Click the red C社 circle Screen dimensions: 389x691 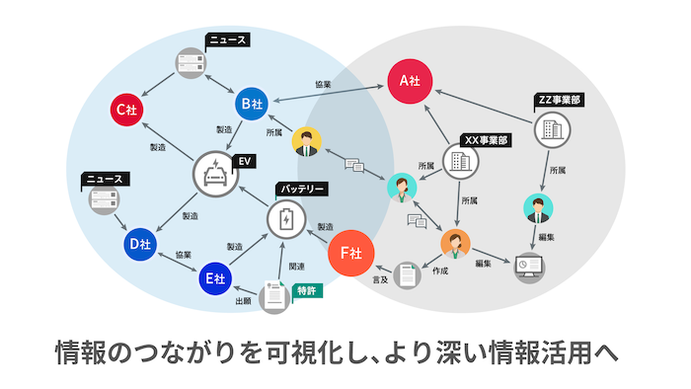[x=126, y=110]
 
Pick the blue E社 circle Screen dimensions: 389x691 [x=214, y=279]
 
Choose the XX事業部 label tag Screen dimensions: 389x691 [x=486, y=141]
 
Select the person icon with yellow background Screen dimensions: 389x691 [x=307, y=142]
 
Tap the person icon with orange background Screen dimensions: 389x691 [x=455, y=242]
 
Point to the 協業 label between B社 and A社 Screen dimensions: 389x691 [x=322, y=86]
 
